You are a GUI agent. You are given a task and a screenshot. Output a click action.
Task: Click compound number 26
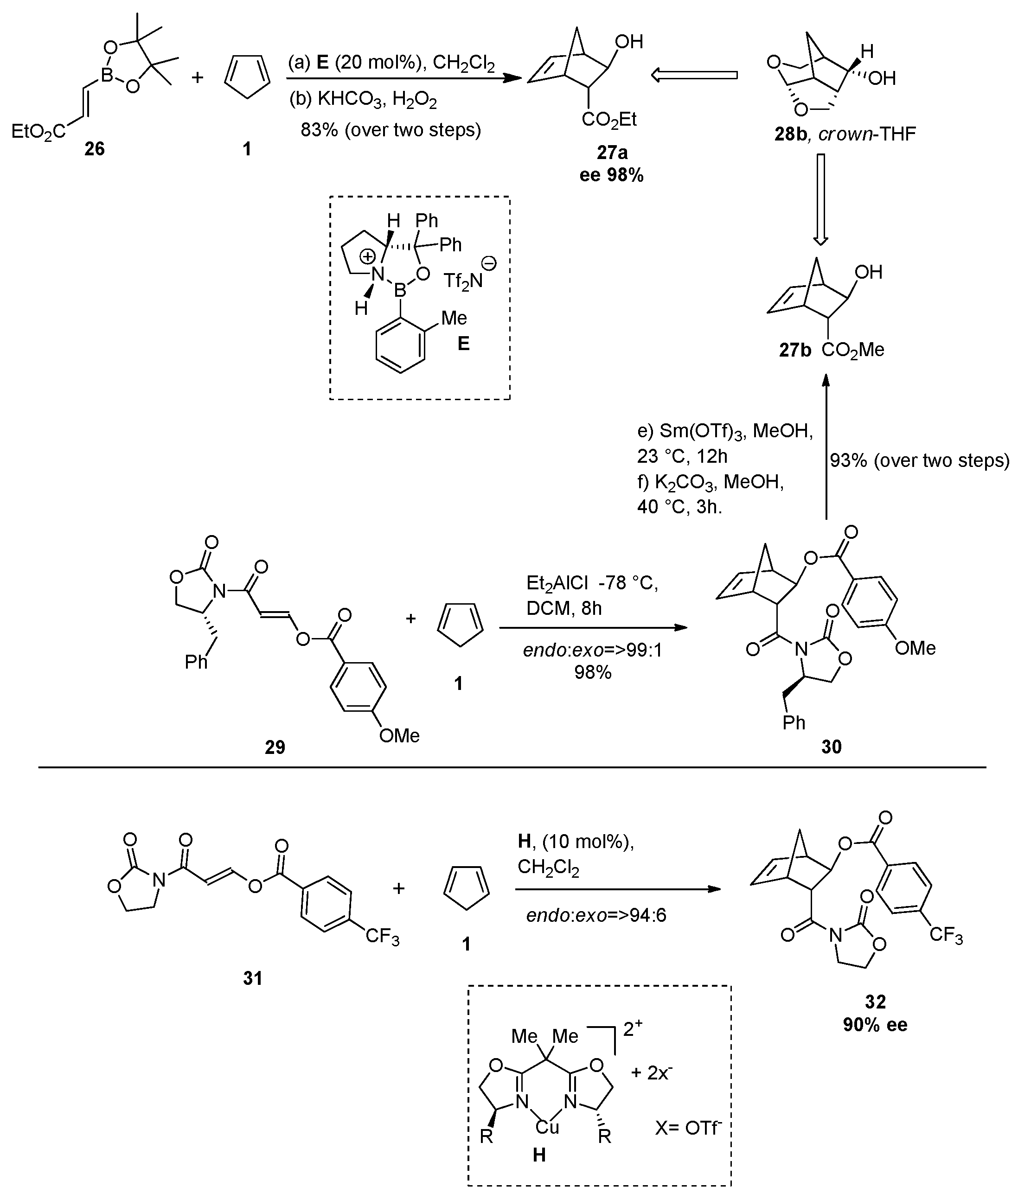pyautogui.click(x=95, y=149)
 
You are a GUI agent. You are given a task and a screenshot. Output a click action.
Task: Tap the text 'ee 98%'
pyautogui.click(x=612, y=175)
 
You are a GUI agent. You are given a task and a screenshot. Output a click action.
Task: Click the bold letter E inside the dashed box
pyautogui.click(x=463, y=345)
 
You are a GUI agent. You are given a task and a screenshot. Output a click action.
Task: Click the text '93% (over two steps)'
pyautogui.click(x=920, y=460)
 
